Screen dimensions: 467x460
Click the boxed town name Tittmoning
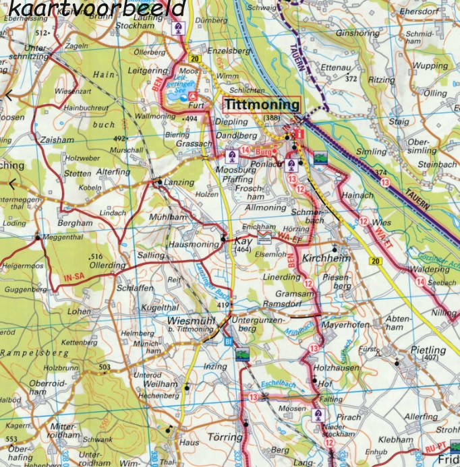click(261, 105)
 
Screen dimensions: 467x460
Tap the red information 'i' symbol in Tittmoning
click(300, 134)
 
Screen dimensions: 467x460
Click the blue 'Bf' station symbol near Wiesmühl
click(227, 341)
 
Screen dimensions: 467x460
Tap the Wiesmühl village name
click(191, 320)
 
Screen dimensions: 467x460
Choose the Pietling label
click(428, 350)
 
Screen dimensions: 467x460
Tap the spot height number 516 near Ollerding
click(95, 257)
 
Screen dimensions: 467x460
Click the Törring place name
click(224, 437)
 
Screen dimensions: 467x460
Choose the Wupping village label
click(430, 66)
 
